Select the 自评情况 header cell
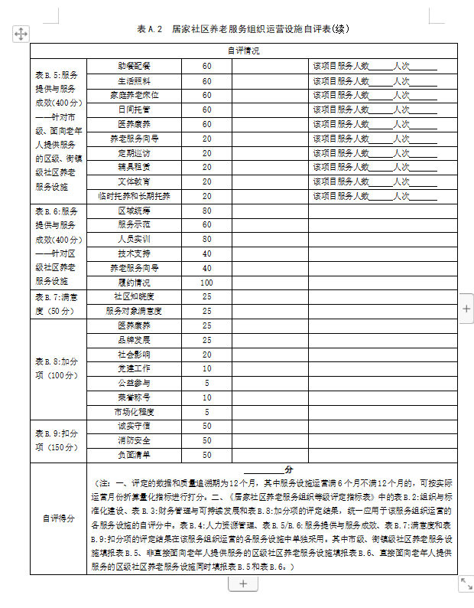243,51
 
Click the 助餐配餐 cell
134,66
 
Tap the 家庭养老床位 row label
134,95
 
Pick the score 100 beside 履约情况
206,283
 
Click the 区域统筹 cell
134,211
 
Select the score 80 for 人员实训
206,239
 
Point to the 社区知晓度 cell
134,296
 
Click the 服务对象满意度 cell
134,311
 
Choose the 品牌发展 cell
134,340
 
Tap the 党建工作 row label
134,368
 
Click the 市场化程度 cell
134,412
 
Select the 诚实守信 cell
134,426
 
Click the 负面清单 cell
134,455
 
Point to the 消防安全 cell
134,440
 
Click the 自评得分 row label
58,518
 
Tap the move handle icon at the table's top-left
21,34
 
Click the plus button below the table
243,583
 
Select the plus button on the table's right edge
466,308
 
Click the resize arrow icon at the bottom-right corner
465,584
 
